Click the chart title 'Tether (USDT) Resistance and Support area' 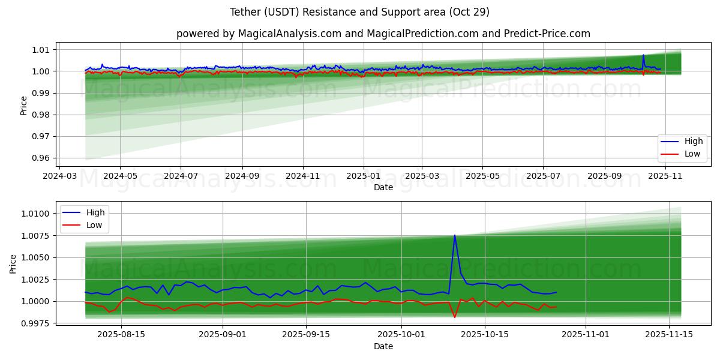[x=359, y=12]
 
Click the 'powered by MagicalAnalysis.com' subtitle [x=383, y=34]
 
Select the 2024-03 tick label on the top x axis [x=59, y=176]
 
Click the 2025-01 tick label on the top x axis [x=363, y=176]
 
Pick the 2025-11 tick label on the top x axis [x=665, y=176]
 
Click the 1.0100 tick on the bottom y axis [x=35, y=214]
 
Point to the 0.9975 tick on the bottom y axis [x=35, y=324]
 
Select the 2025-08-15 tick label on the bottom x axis [x=121, y=335]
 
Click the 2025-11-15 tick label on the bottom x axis [x=668, y=335]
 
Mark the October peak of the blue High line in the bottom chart [x=455, y=235]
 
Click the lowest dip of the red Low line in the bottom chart [x=455, y=317]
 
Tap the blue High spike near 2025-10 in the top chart [x=643, y=55]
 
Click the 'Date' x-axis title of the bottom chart [x=383, y=346]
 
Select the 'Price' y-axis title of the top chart [x=23, y=105]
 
